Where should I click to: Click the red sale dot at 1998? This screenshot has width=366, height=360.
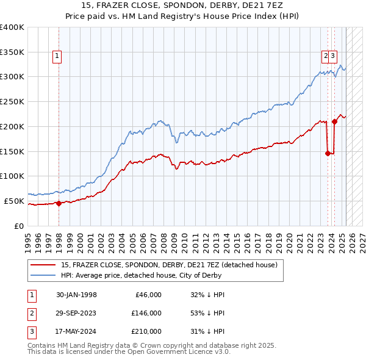point(59,203)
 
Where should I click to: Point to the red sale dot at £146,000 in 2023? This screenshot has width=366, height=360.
point(328,153)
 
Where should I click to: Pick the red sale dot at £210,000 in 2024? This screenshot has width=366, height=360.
point(334,121)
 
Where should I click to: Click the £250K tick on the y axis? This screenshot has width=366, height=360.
point(12,101)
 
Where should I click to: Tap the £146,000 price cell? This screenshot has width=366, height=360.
point(146,313)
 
